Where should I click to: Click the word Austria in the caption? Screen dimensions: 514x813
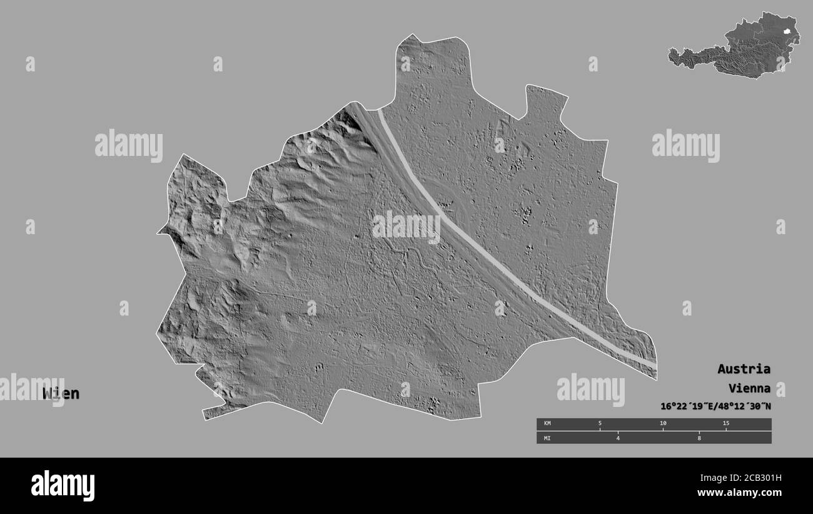[x=744, y=369]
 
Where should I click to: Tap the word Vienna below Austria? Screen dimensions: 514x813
[x=749, y=388]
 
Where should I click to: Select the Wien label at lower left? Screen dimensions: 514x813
[x=61, y=394]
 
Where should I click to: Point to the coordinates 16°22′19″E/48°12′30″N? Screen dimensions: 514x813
[x=715, y=406]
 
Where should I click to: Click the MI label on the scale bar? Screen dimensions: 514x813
[x=547, y=438]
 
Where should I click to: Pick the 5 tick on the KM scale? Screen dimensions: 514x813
[x=600, y=424]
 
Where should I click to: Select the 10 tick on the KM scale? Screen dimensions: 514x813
[x=663, y=424]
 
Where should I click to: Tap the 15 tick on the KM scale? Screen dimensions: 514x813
[x=725, y=424]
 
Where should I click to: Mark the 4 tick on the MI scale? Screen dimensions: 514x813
[x=617, y=438]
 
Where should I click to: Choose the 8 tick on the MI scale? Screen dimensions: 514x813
[x=699, y=438]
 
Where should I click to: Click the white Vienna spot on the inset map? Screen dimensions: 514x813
[x=787, y=29]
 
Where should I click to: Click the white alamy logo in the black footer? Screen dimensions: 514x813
[x=63, y=485]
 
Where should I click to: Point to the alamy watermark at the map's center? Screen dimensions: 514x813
[x=406, y=227]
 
